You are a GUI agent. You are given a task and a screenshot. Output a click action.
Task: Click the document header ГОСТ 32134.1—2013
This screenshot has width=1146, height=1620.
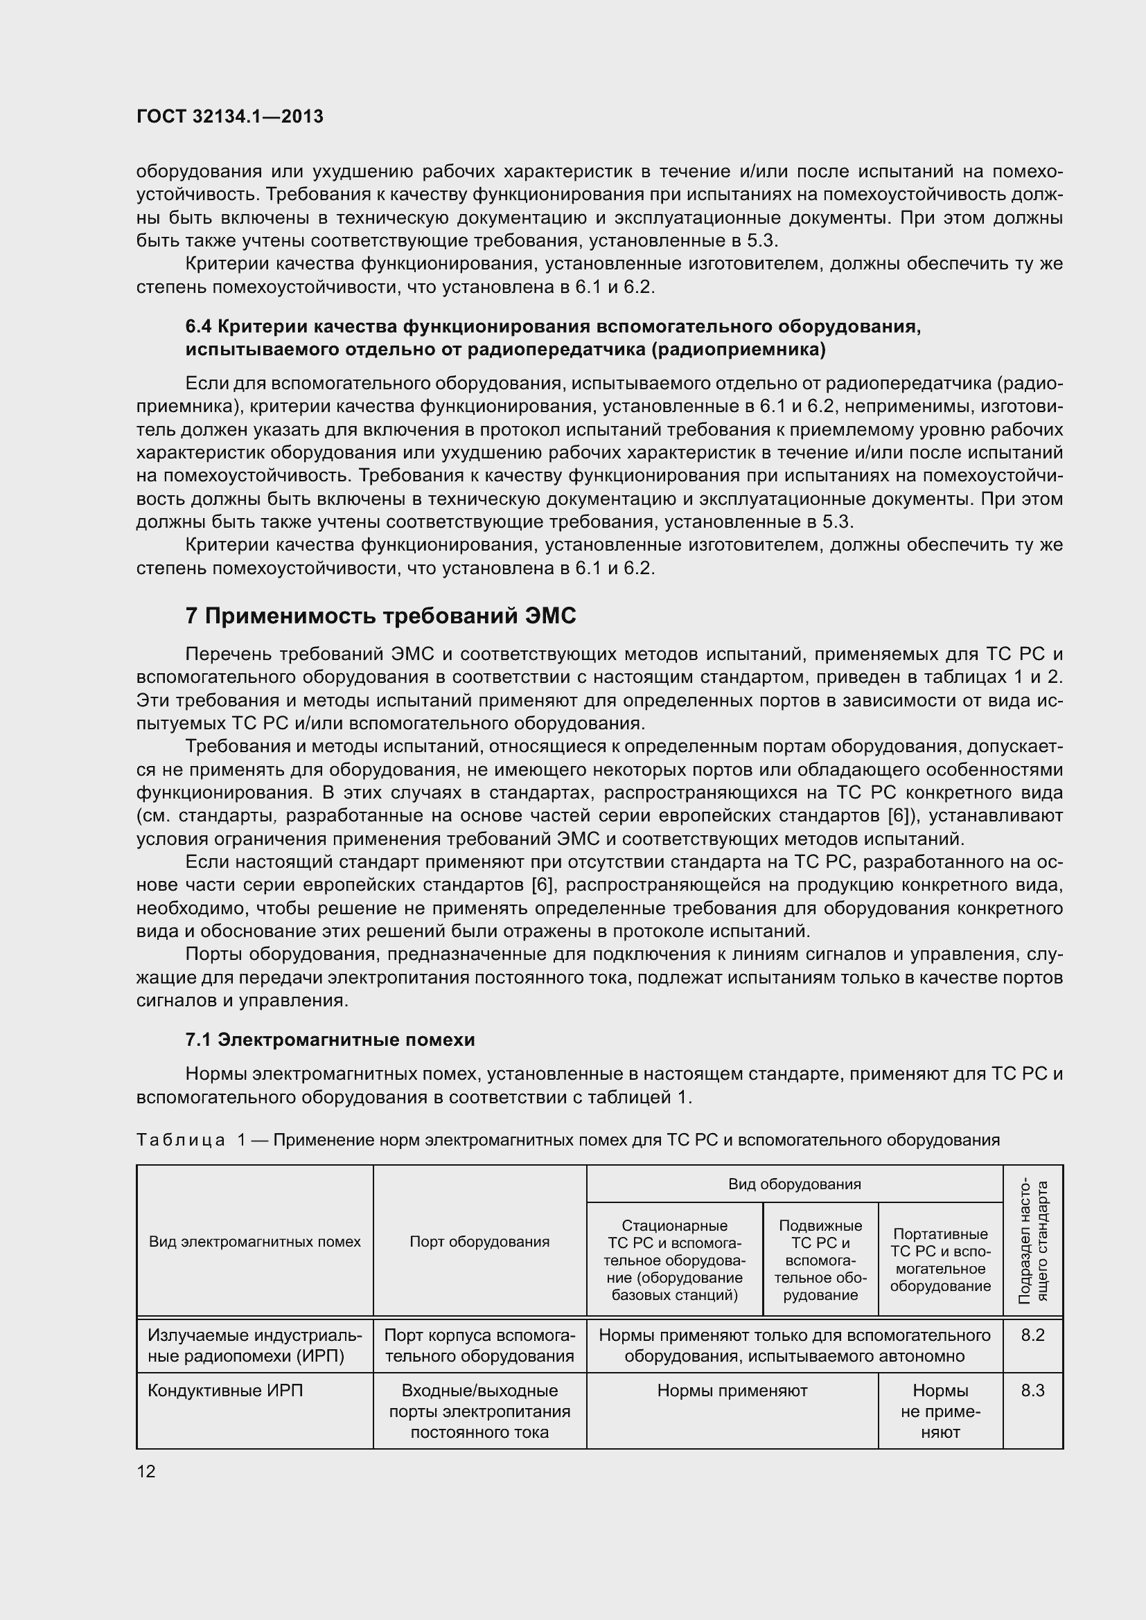coord(229,116)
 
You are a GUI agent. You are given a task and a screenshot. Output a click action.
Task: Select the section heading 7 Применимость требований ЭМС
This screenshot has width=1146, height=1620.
coord(380,616)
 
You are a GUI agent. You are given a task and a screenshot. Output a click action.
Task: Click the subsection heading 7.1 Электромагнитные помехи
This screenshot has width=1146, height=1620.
coord(330,1040)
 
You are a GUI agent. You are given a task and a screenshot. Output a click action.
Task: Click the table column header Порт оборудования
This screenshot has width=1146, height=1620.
coord(479,1241)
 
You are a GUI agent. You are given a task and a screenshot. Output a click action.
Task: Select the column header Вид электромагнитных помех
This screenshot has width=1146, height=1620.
coord(255,1241)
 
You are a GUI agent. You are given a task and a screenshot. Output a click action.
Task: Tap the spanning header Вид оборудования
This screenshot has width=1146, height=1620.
coord(794,1184)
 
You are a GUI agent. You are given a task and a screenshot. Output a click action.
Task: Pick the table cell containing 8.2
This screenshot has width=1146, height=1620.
coord(1032,1335)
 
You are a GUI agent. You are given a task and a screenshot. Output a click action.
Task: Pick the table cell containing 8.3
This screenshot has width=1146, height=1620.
coord(1032,1391)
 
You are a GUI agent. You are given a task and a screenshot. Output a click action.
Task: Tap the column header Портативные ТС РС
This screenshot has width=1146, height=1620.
coord(940,1259)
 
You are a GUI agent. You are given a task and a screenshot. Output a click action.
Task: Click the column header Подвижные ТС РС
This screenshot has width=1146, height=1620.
coord(820,1259)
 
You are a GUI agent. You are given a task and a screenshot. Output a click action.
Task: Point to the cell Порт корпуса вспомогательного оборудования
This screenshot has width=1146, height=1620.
coord(479,1345)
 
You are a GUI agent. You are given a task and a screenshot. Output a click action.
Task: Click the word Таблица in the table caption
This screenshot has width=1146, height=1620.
coord(181,1139)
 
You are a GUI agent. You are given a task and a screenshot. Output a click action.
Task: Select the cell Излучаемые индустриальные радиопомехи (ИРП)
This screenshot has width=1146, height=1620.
coord(255,1345)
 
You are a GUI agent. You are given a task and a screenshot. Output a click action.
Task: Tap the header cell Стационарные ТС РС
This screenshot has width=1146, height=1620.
coord(675,1259)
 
